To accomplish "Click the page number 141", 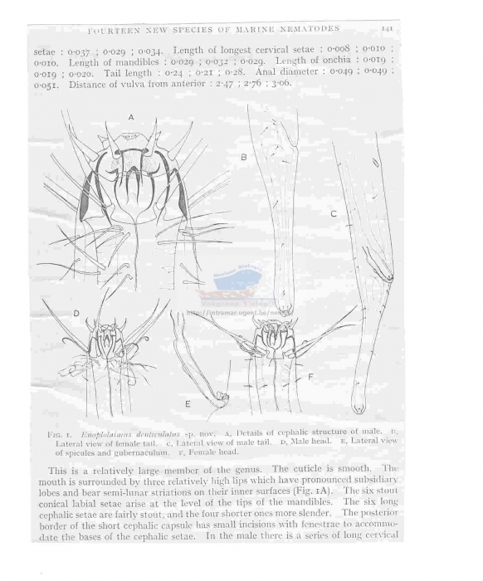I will pos(387,27).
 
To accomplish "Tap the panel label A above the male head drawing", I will pos(131,118).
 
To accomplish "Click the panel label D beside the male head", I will pos(76,315).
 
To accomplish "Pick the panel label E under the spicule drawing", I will pos(188,403).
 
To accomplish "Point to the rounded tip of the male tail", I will pos(358,408).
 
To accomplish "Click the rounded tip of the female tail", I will pos(285,310).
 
